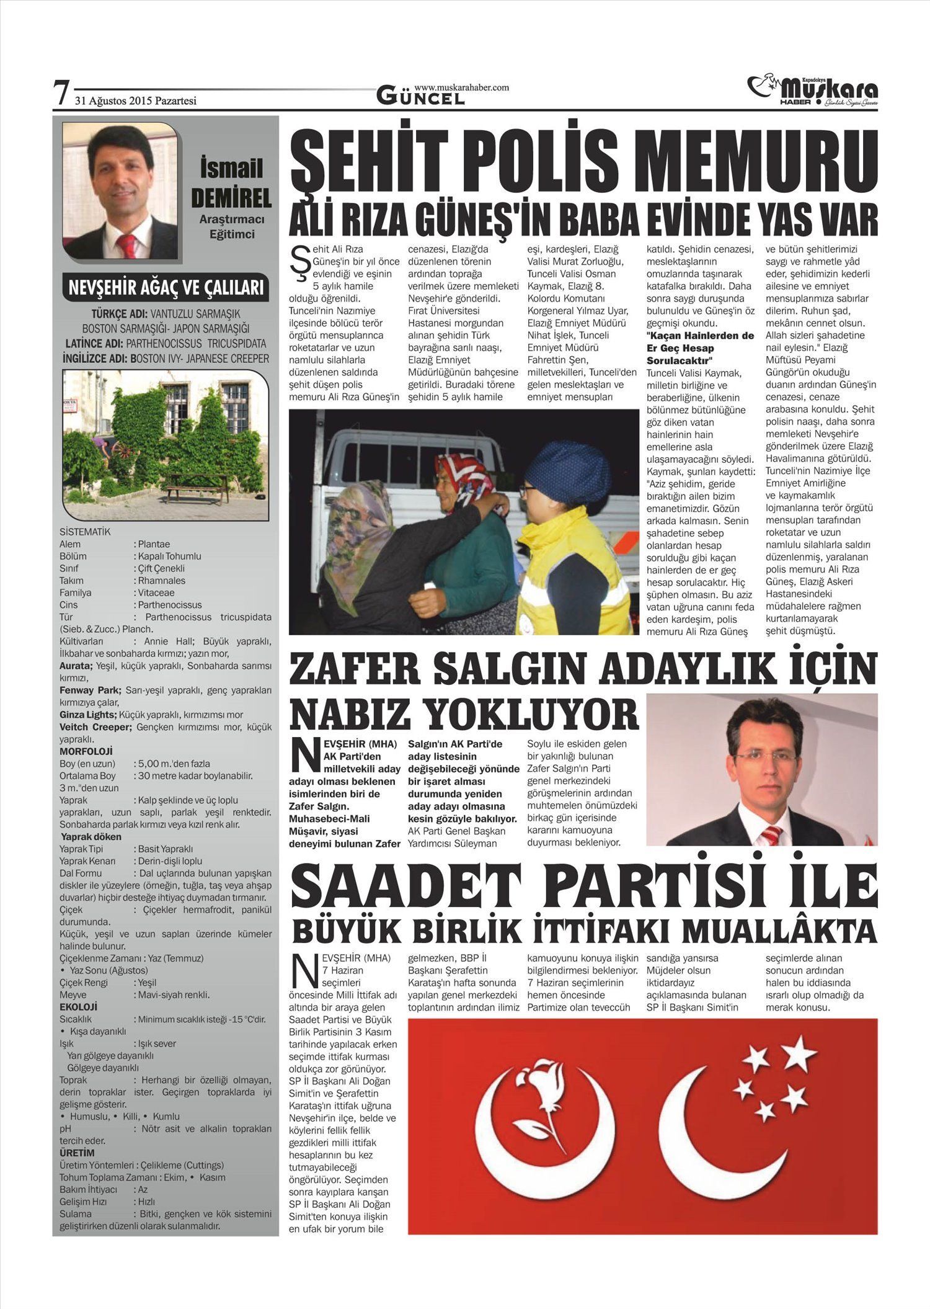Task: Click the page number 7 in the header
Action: coord(60,94)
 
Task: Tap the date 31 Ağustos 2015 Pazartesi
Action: coord(136,101)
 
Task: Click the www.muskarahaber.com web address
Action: coord(461,87)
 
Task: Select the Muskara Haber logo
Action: coord(812,91)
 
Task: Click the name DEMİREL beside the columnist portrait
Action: coord(231,199)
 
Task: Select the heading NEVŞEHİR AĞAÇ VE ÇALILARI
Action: coord(166,288)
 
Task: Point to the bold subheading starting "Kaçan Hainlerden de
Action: coord(700,347)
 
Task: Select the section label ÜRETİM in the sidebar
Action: coord(77,1153)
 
